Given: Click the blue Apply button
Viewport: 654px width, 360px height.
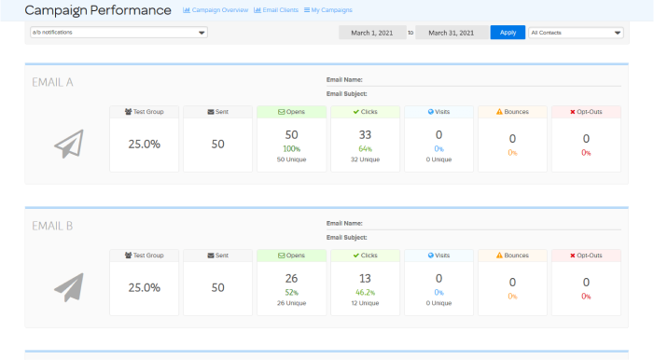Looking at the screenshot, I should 508,32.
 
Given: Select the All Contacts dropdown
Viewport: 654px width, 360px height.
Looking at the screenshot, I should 576,32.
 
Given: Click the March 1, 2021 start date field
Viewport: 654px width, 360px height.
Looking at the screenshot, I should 372,33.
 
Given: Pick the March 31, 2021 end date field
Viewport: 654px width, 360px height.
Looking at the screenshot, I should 451,33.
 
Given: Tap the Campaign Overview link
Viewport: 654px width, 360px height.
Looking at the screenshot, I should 215,10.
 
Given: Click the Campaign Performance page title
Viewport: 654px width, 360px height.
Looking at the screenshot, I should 98,10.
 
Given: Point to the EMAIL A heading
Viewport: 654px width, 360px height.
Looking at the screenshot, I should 53,82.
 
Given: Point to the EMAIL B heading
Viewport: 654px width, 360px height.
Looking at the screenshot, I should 53,226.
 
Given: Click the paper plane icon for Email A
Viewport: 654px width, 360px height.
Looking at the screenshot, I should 68,144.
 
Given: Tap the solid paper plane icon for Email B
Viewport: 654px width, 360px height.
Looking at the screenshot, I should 68,287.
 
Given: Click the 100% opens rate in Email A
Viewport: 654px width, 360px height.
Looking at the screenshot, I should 292,149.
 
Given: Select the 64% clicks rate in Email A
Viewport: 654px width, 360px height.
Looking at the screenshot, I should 365,149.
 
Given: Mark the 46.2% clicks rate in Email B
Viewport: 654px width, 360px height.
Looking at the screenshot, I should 365,293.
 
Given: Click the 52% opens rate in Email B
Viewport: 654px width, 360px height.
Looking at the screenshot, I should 292,293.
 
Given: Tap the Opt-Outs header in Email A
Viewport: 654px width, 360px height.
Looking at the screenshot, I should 587,112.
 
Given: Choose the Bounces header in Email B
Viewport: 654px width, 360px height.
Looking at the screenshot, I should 513,256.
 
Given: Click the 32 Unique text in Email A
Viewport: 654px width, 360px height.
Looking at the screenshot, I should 365,159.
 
